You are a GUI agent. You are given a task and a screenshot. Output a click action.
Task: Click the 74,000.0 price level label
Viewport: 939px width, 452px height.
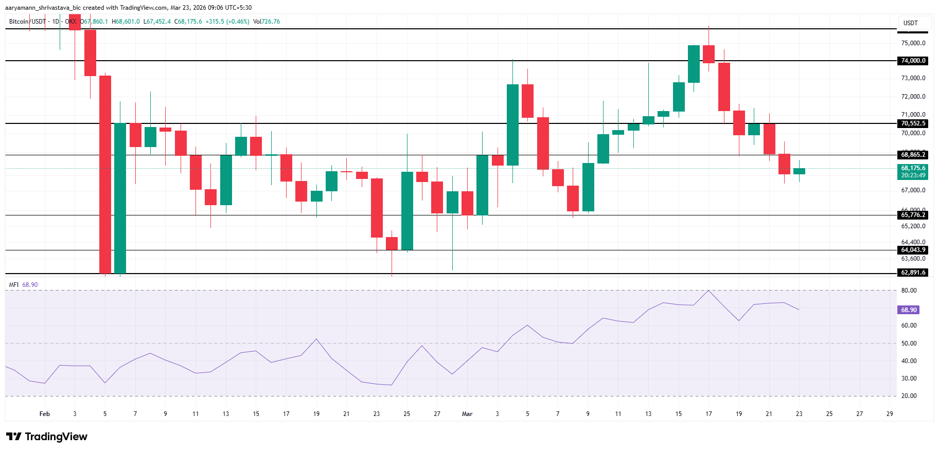[x=913, y=61]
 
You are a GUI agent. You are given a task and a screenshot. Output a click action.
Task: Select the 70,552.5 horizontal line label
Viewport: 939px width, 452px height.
[x=913, y=123]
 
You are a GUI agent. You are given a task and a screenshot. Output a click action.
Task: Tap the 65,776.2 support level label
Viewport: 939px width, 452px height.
[x=913, y=215]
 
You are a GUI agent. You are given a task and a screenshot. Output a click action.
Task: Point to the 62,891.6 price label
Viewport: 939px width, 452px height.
[x=913, y=273]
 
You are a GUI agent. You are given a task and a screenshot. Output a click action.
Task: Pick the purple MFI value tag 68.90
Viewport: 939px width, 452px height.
[x=909, y=310]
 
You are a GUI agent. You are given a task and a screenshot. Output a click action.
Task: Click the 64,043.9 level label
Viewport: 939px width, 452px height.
[x=913, y=250]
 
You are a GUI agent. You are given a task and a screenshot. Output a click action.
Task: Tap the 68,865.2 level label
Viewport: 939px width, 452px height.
[x=913, y=155]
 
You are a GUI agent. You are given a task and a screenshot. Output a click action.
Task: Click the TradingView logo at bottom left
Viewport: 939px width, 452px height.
[x=47, y=437]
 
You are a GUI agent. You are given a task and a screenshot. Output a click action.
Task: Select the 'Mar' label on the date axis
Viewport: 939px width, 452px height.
[x=467, y=414]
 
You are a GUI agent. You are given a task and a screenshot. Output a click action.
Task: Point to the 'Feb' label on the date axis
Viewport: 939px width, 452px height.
[x=45, y=414]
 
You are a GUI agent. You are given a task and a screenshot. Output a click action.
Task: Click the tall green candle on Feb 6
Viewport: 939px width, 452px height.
[x=120, y=198]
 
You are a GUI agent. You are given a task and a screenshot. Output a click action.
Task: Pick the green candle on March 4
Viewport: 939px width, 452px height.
[x=512, y=125]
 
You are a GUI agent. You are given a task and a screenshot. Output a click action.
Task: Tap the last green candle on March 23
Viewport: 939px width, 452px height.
[x=799, y=171]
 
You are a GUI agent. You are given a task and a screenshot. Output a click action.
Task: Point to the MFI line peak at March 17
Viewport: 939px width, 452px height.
[x=708, y=291]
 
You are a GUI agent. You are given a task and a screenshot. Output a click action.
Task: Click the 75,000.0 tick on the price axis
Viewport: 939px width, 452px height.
[x=913, y=43]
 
